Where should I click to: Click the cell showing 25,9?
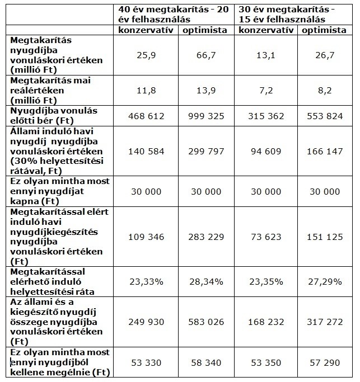pyautogui.click(x=146, y=55)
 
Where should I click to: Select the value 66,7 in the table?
pyautogui.click(x=206, y=55)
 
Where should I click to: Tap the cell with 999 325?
pyautogui.click(x=206, y=116)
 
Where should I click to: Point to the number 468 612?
pyautogui.click(x=146, y=116)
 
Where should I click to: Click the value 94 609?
pyautogui.click(x=266, y=151)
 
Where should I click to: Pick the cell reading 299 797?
pyautogui.click(x=206, y=151)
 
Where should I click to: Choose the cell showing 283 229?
pyautogui.click(x=206, y=237)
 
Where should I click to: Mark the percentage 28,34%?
pyautogui.click(x=206, y=282)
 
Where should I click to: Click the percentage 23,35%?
pyautogui.click(x=266, y=282)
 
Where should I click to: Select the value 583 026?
pyautogui.click(x=206, y=322)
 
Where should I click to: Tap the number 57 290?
pyautogui.click(x=325, y=363)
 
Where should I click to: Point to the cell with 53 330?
pyautogui.click(x=146, y=363)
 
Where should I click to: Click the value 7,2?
pyautogui.click(x=266, y=91)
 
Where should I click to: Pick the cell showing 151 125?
pyautogui.click(x=325, y=237)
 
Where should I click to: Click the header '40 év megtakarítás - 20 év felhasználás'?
pyautogui.click(x=174, y=15)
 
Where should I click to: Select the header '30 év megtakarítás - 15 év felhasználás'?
pyautogui.click(x=287, y=15)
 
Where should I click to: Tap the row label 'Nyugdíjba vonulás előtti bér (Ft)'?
pyautogui.click(x=54, y=116)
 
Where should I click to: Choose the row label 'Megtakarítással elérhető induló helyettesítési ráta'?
pyautogui.click(x=52, y=282)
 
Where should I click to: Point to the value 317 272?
pyautogui.click(x=325, y=322)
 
